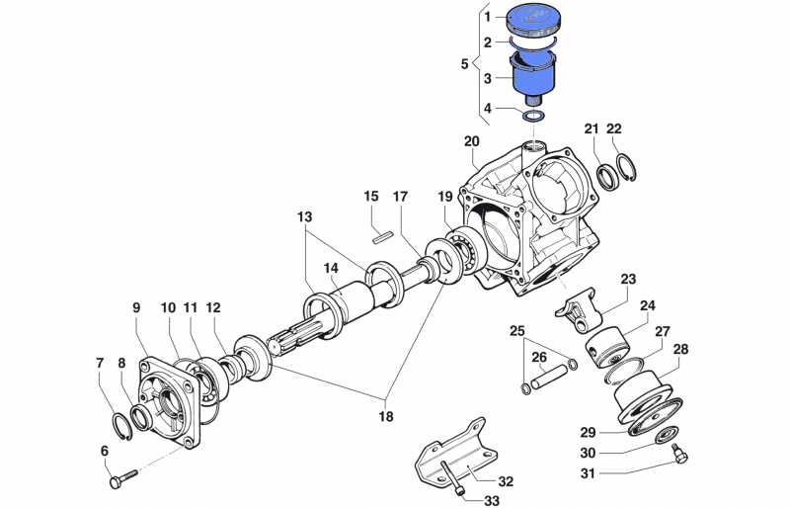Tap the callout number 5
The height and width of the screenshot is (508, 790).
click(x=465, y=64)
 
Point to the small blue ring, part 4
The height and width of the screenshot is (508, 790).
click(x=534, y=117)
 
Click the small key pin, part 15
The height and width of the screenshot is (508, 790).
click(x=385, y=235)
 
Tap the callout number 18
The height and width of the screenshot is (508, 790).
click(x=385, y=416)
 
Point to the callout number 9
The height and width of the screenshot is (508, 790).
click(x=137, y=307)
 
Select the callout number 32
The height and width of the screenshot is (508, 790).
click(x=506, y=481)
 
